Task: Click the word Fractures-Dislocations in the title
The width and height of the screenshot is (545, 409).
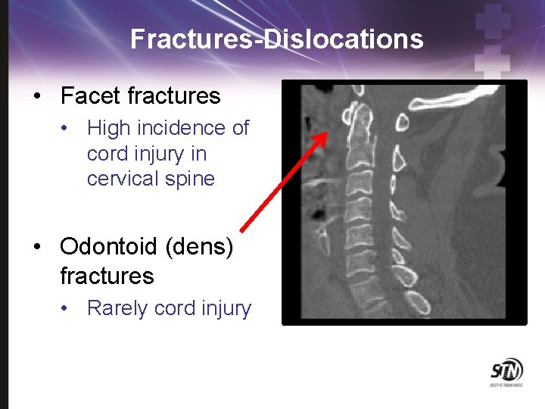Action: click(x=276, y=39)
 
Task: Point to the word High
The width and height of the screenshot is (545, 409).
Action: click(x=109, y=128)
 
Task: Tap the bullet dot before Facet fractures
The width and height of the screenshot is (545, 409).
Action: click(x=36, y=97)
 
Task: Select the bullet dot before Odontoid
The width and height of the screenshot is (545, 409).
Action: click(x=36, y=248)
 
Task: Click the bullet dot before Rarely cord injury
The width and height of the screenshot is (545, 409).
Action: click(x=68, y=309)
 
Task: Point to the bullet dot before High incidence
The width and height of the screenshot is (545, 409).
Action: click(x=68, y=129)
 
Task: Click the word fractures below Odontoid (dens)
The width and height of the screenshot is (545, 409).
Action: click(x=107, y=276)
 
